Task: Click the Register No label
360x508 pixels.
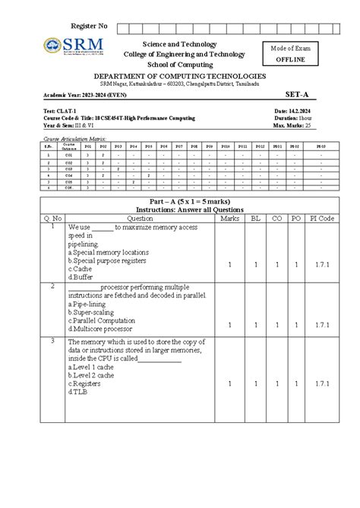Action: (x=89, y=27)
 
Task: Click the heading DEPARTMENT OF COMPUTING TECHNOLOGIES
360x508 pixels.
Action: (x=179, y=77)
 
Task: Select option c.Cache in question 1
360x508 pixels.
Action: (x=81, y=268)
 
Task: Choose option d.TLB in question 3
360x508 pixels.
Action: (x=78, y=392)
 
